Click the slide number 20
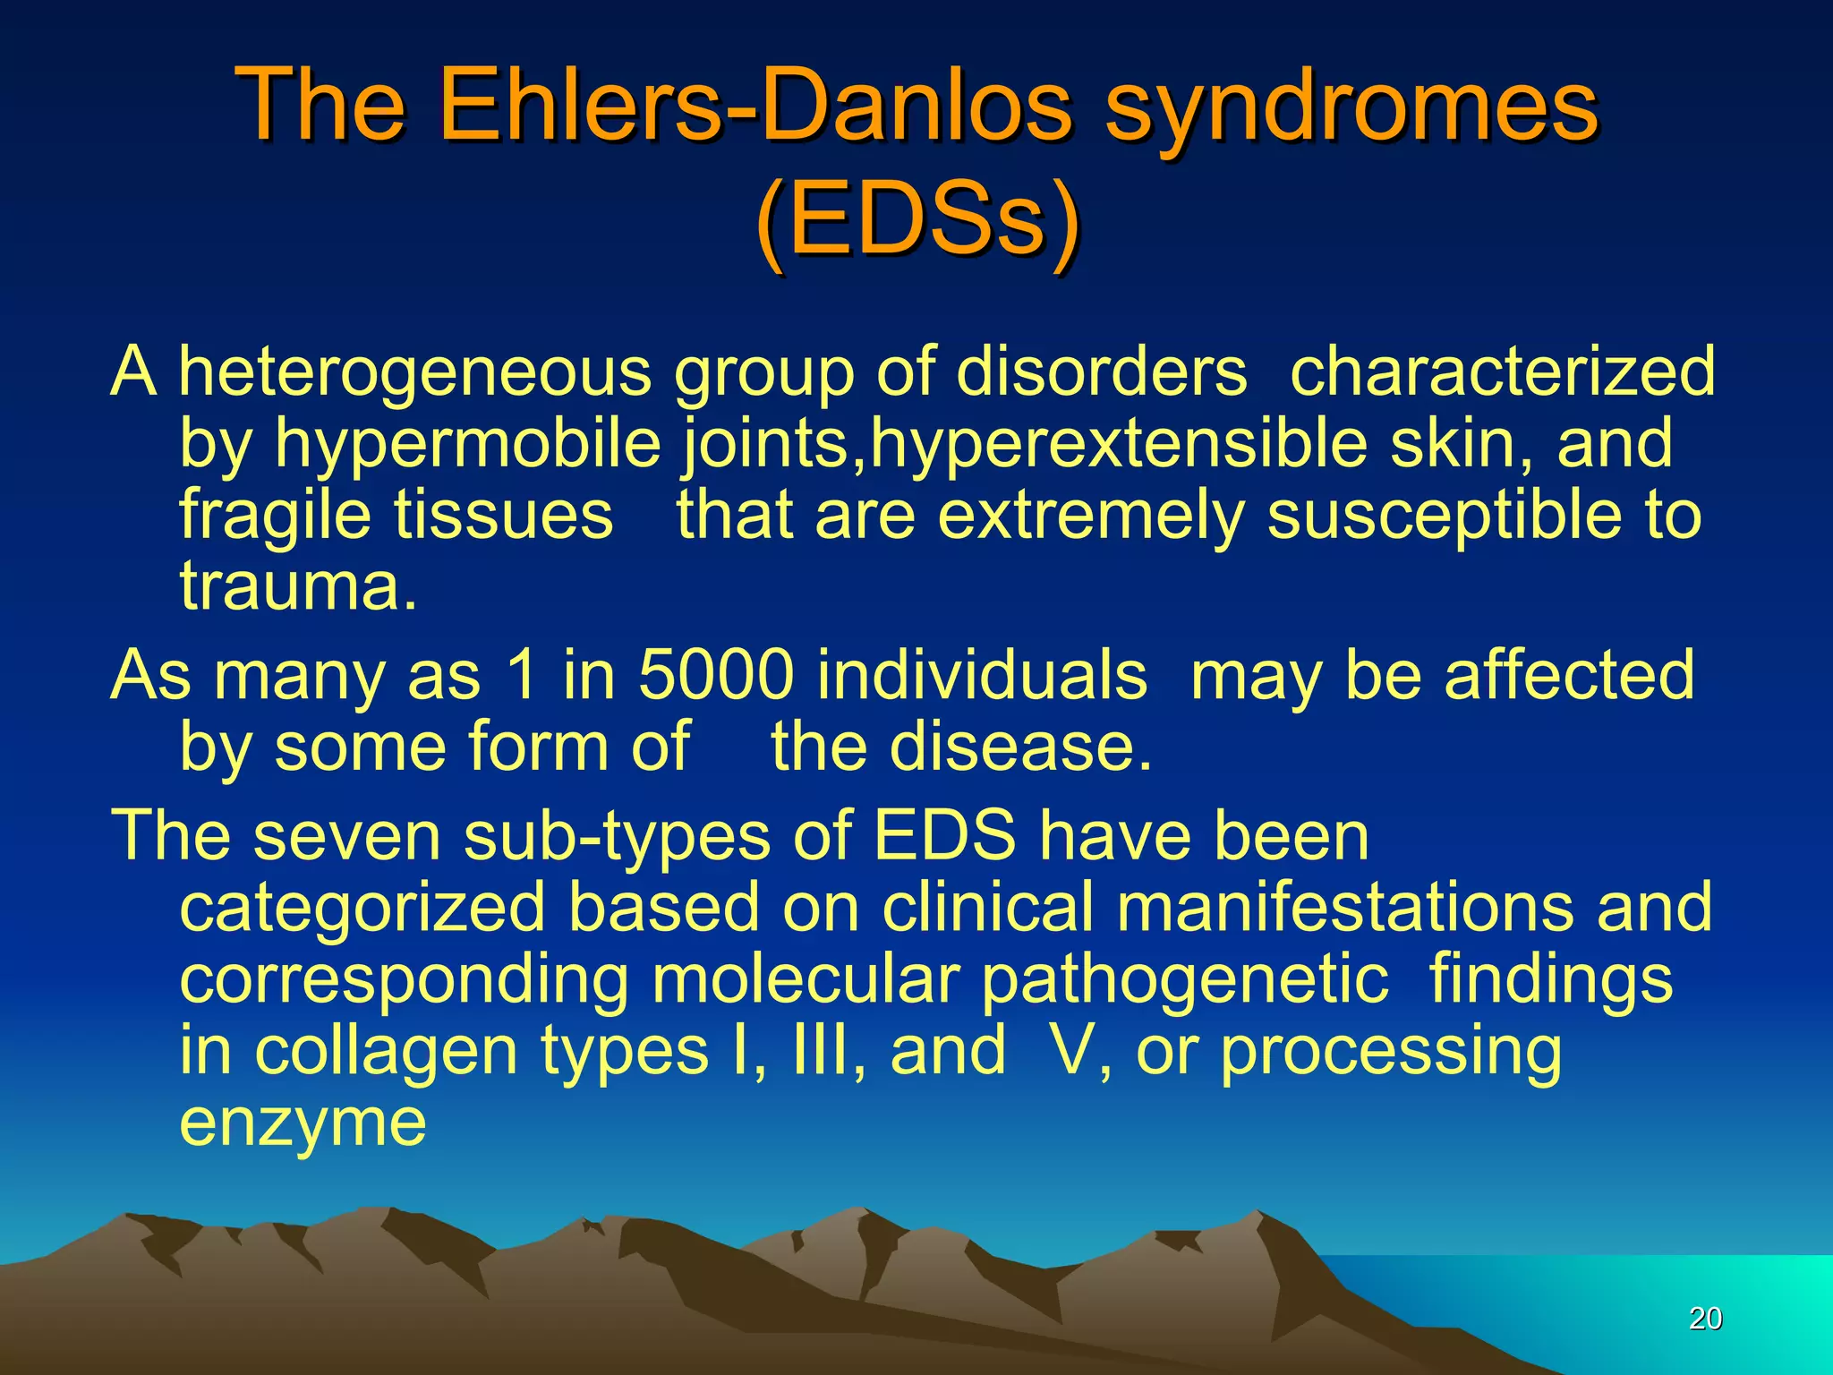tap(1705, 1318)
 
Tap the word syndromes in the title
tap(1351, 107)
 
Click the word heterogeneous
tap(415, 372)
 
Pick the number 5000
tap(716, 674)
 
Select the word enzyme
tap(303, 1123)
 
